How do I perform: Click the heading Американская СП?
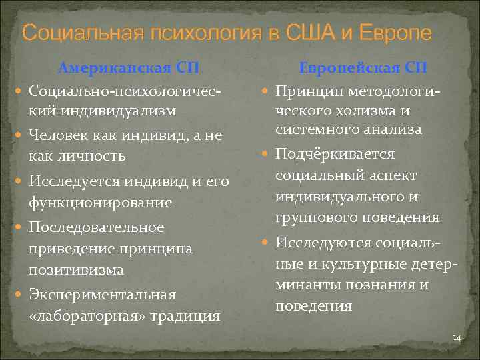coord(129,68)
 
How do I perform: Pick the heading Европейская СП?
coord(363,68)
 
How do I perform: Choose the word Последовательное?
coord(97,227)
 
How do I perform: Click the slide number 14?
coord(457,338)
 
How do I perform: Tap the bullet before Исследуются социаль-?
coord(265,242)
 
